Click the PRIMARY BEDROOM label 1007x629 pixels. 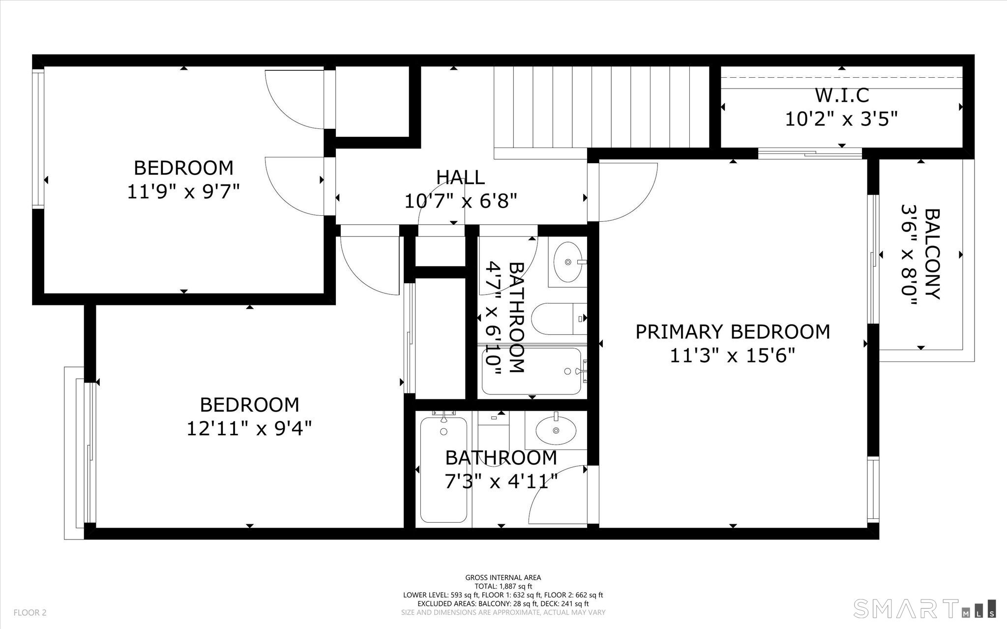point(733,332)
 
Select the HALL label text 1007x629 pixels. point(461,177)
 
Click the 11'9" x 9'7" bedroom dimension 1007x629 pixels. point(183,191)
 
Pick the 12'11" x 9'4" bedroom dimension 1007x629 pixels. point(250,428)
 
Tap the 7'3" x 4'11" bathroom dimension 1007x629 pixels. point(501,481)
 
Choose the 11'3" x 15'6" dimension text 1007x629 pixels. point(733,355)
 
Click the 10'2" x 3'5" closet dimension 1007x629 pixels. point(842,119)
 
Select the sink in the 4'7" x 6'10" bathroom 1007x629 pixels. point(568,262)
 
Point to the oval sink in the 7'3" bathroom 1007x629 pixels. point(556,430)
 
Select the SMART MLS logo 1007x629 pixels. point(924,608)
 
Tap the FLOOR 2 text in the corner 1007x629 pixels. point(30,612)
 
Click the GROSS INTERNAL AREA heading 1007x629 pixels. point(503,578)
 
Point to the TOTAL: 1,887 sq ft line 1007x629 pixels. point(503,586)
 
